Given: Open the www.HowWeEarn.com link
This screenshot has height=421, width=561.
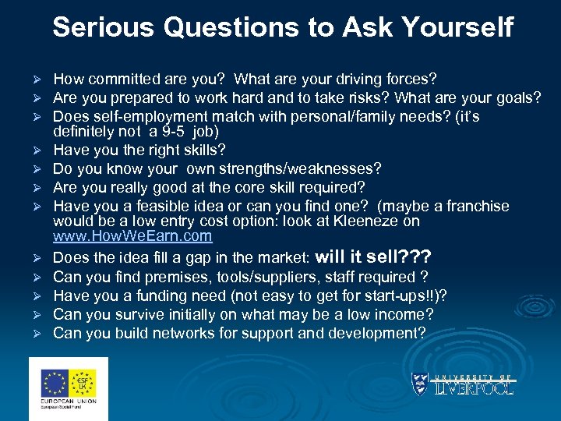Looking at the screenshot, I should (132, 236).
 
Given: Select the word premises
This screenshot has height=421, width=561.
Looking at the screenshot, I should (179, 277).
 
